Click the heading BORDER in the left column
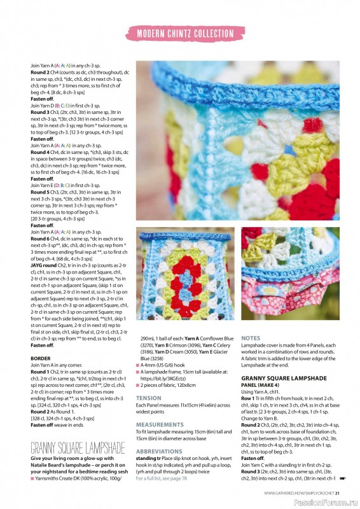point(41,358)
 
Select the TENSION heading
point(149,398)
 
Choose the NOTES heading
point(251,338)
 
